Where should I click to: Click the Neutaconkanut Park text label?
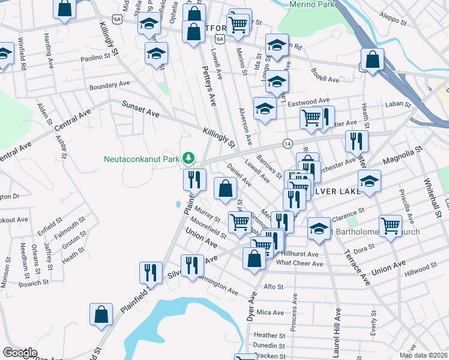(142, 159)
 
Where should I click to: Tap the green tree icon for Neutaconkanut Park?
(189, 158)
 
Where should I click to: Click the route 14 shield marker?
(288, 144)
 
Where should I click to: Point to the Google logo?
(20, 352)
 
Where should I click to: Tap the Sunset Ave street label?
(141, 109)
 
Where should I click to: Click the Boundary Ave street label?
(109, 85)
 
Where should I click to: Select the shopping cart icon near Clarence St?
(391, 226)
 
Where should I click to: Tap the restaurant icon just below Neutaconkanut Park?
(194, 178)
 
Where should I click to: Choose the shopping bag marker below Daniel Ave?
(224, 188)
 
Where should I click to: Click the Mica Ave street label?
(270, 313)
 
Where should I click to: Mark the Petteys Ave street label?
(209, 88)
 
